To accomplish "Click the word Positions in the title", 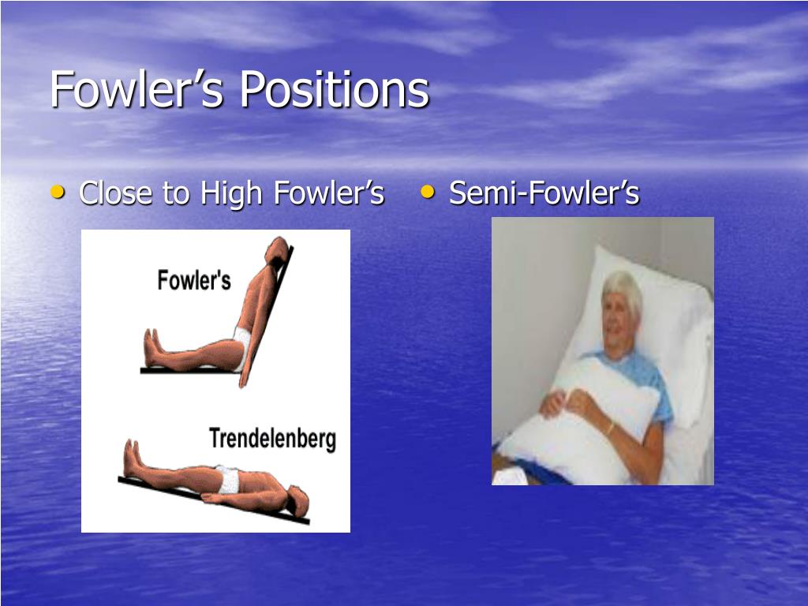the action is [x=335, y=90].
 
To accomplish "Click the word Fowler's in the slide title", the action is [x=137, y=90].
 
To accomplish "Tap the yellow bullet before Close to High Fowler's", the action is [x=58, y=193].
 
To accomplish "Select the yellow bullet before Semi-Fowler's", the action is [x=428, y=193].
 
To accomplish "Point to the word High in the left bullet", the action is [x=233, y=194].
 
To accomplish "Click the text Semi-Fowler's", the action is [x=544, y=193].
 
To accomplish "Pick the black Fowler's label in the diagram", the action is [x=194, y=280].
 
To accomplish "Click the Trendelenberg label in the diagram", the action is [x=272, y=439].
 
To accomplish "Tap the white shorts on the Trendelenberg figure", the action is [x=227, y=479].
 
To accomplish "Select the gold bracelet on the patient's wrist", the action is [x=612, y=428].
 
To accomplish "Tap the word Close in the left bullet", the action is [x=116, y=193].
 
